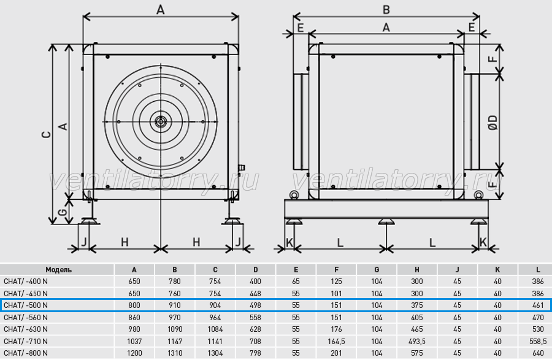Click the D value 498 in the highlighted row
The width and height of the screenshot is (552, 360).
pos(255,305)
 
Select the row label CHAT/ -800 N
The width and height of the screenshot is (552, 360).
pos(26,353)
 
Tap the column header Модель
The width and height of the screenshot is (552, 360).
pos(58,270)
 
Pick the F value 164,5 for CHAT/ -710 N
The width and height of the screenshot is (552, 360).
pos(336,342)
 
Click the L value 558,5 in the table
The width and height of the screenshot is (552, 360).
pos(538,342)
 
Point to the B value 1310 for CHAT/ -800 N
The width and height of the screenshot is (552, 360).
pos(175,353)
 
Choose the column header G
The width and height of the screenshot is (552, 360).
pos(377,270)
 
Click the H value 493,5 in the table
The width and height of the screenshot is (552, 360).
pos(417,342)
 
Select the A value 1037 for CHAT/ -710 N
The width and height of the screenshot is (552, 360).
pos(134,342)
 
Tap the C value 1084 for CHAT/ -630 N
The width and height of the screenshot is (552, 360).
pos(215,329)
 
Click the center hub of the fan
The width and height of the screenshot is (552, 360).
pos(161,122)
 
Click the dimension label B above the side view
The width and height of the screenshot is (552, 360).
pos(386,10)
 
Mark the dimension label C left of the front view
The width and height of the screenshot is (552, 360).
pos(46,134)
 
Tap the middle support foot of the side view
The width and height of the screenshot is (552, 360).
pos(386,221)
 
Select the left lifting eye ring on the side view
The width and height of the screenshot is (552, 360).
pos(294,195)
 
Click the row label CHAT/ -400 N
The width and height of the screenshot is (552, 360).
pos(26,281)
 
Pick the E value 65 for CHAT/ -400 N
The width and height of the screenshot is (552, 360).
pos(296,281)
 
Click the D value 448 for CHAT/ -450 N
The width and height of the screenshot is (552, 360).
pos(255,294)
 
